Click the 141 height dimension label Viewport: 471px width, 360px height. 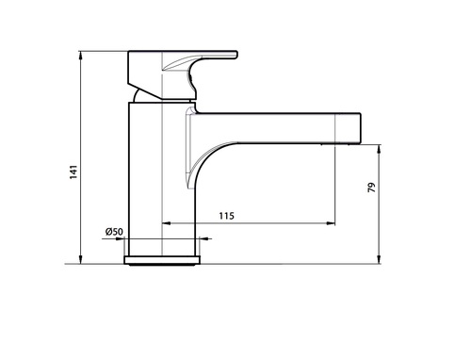tap(73, 172)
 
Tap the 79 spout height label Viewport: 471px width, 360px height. tap(371, 188)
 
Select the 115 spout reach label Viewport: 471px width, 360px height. tap(226, 216)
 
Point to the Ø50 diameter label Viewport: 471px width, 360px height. tap(114, 232)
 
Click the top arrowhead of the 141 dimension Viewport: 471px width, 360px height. tap(81, 56)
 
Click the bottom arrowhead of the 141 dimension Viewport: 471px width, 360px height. tap(81, 259)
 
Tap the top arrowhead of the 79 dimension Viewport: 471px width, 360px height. tap(379, 150)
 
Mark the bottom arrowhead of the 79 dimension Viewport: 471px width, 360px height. tap(379, 259)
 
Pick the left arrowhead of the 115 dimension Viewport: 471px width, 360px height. tap(166, 223)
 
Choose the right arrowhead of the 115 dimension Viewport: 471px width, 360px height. tap(331, 223)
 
